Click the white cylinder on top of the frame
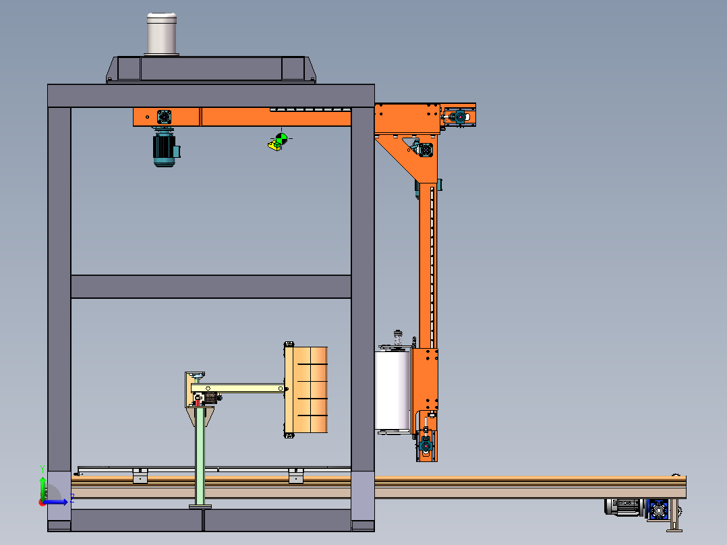tap(162, 34)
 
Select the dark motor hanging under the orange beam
tap(165, 148)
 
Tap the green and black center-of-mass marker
tap(281, 138)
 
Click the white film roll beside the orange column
tap(392, 391)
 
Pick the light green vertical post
tap(200, 457)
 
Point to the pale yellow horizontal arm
tap(237, 389)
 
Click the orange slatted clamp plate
tap(306, 390)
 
